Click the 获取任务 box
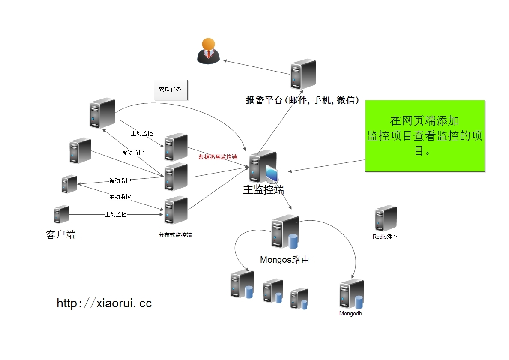[x=171, y=90]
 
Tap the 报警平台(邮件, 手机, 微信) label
[x=302, y=100]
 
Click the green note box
[x=425, y=136]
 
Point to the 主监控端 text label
[x=263, y=189]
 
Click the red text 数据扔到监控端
[x=218, y=157]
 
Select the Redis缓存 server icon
[x=386, y=218]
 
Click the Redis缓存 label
[x=385, y=237]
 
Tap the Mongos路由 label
[x=284, y=260]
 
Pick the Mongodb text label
[x=351, y=313]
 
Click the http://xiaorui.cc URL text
[x=104, y=303]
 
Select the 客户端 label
[x=61, y=235]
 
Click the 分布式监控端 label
[x=175, y=235]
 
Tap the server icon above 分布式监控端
[x=176, y=210]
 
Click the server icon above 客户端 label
[x=62, y=214]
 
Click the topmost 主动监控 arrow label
[x=141, y=134]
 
